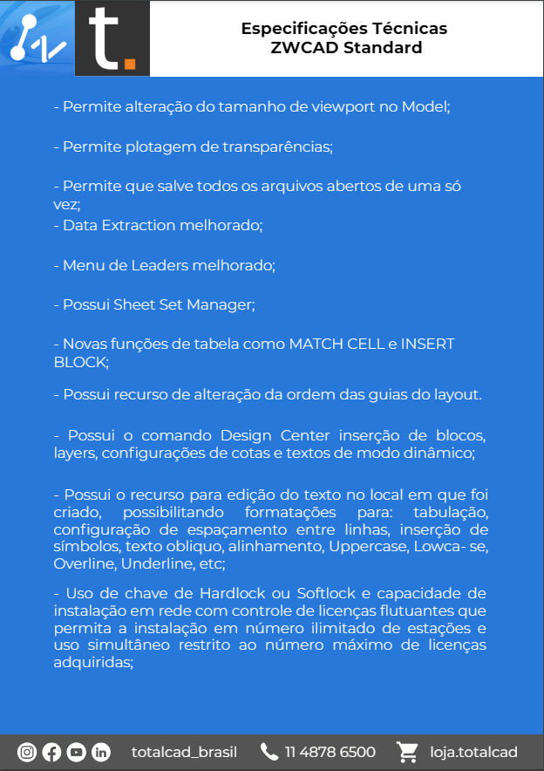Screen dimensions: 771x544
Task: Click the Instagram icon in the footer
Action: tap(27, 752)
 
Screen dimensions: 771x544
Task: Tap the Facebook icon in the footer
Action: tap(51, 752)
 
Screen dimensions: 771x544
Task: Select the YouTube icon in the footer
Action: tap(76, 752)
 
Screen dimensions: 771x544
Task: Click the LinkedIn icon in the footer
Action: tap(100, 752)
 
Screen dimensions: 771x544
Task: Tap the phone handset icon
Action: tap(269, 752)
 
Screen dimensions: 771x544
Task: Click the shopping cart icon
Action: tap(406, 752)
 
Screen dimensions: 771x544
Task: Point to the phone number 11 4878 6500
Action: tap(330, 752)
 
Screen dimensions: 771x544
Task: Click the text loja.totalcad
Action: tap(474, 752)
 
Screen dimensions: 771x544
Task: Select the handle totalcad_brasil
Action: tap(184, 752)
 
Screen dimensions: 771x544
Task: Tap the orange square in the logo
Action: tap(130, 63)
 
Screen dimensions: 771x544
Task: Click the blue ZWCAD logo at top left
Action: tap(37, 38)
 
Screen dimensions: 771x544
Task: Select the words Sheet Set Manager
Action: tap(183, 304)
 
